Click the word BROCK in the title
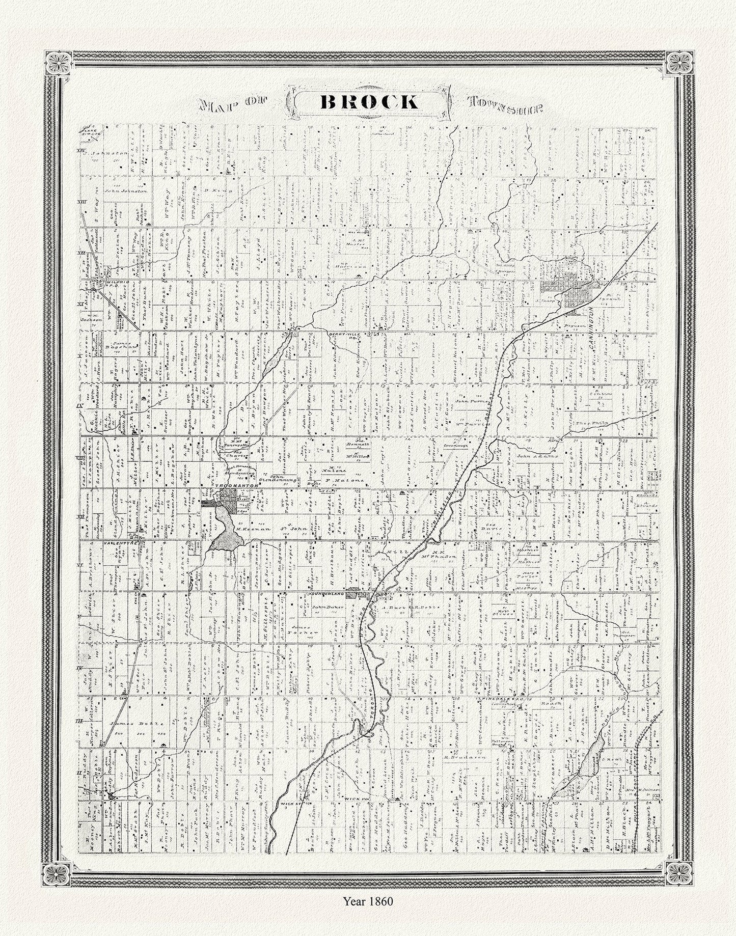click(x=368, y=102)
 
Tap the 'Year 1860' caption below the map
click(x=368, y=916)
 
